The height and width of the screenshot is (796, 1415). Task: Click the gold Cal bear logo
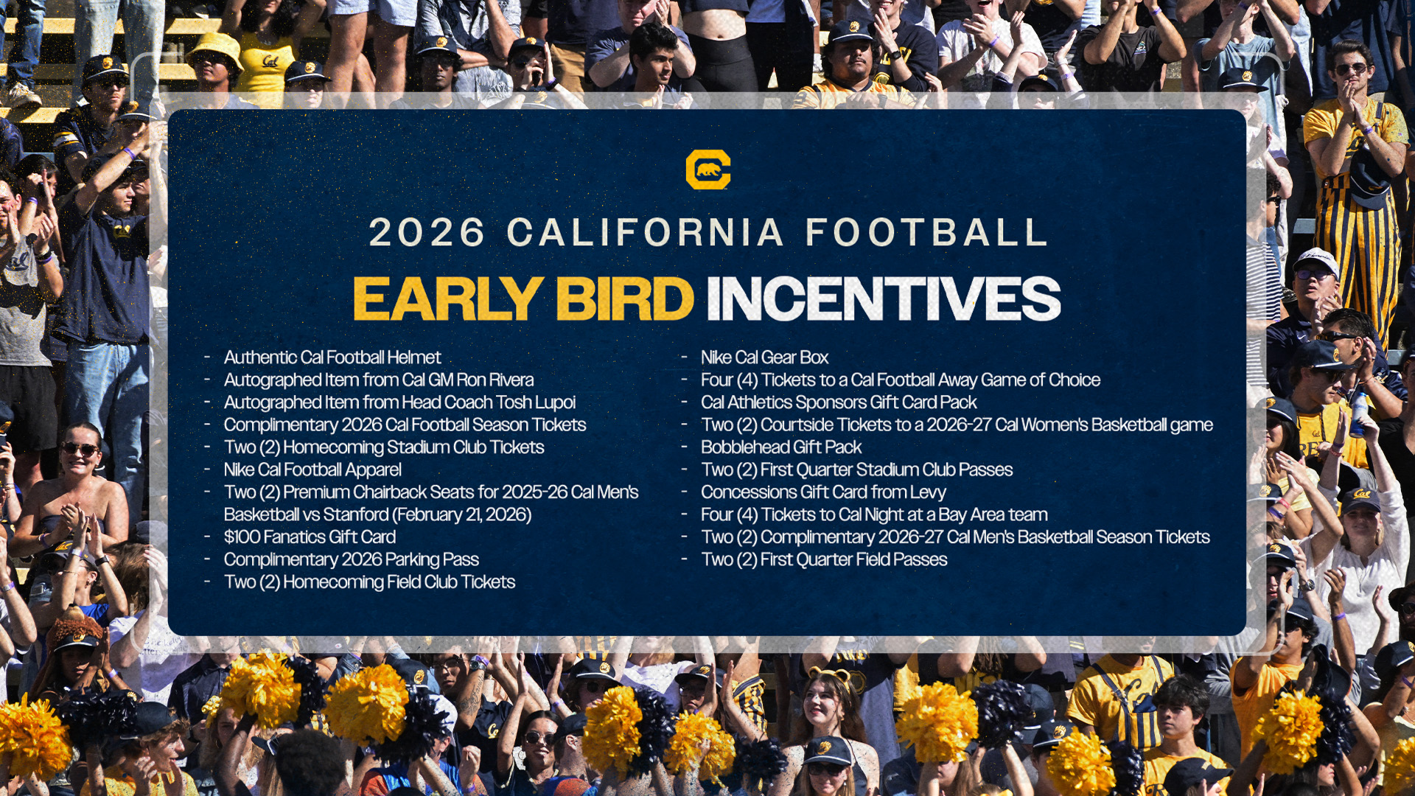pyautogui.click(x=707, y=170)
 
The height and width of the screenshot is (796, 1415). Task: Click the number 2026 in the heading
pyautogui.click(x=427, y=233)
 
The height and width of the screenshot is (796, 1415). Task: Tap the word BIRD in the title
pyautogui.click(x=625, y=298)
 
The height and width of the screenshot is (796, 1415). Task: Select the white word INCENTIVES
pyautogui.click(x=883, y=298)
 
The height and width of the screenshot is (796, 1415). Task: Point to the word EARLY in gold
pyautogui.click(x=448, y=298)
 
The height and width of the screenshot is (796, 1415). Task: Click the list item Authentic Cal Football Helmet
pyautogui.click(x=332, y=357)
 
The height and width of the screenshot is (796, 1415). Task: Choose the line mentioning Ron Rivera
pyautogui.click(x=379, y=380)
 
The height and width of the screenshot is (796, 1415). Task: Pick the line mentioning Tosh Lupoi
pyautogui.click(x=399, y=402)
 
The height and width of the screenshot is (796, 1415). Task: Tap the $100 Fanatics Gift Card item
pyautogui.click(x=310, y=537)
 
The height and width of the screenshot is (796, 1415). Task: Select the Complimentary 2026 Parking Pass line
pyautogui.click(x=352, y=560)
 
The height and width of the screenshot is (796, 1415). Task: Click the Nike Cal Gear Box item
pyautogui.click(x=765, y=357)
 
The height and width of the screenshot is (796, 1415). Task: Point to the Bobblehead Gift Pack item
pyautogui.click(x=781, y=447)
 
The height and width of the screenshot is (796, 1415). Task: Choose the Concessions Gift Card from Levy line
pyautogui.click(x=823, y=492)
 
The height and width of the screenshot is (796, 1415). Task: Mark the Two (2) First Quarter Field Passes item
pyautogui.click(x=824, y=560)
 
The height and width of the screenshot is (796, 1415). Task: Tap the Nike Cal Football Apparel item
pyautogui.click(x=312, y=470)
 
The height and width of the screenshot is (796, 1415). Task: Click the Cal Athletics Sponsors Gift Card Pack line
pyautogui.click(x=839, y=402)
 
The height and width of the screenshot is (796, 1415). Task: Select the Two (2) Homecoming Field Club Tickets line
pyautogui.click(x=369, y=582)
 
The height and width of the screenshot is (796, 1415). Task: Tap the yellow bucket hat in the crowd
pyautogui.click(x=215, y=49)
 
